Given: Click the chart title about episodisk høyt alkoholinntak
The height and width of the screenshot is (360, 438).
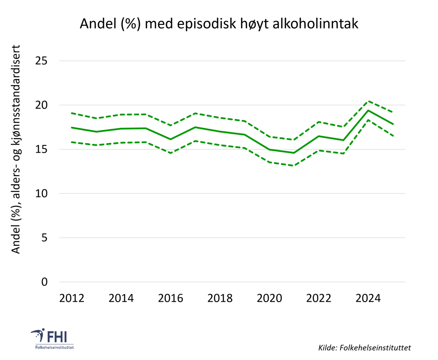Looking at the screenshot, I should [x=219, y=23].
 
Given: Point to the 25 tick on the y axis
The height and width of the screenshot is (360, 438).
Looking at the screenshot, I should [x=41, y=61].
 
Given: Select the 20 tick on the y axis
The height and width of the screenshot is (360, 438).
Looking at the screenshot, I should [x=41, y=105].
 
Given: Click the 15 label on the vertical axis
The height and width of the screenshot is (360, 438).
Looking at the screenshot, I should [x=41, y=150].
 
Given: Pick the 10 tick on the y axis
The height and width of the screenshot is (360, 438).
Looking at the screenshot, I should [x=41, y=193].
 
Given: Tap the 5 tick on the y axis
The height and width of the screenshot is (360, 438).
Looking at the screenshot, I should [x=44, y=238].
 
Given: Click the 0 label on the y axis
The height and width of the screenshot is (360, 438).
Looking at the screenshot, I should [x=44, y=282].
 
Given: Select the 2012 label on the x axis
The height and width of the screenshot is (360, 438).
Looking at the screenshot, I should [x=72, y=299].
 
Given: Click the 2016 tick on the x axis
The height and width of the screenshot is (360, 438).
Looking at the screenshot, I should [x=171, y=299].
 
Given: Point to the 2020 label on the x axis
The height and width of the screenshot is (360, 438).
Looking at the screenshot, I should [x=270, y=299].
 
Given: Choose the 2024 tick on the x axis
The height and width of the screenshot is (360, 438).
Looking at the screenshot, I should [x=368, y=299].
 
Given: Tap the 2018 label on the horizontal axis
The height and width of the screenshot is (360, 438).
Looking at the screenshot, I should [x=220, y=299].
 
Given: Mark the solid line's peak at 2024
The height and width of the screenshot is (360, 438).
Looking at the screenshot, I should [x=368, y=110].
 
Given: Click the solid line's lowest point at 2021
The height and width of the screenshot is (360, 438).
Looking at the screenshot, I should [x=294, y=153].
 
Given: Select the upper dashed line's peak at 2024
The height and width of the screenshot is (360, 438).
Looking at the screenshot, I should [x=368, y=101].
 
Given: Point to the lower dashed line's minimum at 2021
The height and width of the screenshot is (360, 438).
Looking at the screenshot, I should [x=294, y=165].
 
